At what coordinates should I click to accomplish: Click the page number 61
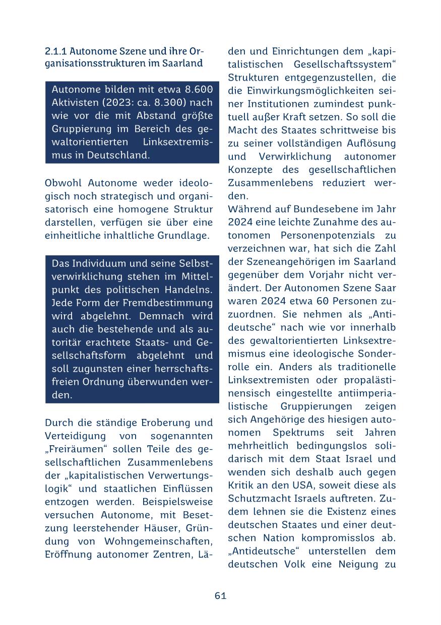220,596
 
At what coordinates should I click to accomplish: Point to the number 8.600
199,90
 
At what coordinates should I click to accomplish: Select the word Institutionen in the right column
274,104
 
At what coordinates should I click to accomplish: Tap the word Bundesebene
302,209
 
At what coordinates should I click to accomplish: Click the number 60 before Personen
324,301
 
